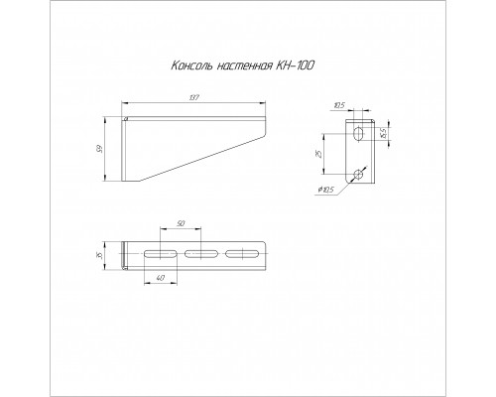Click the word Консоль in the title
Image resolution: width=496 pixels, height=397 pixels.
tap(191, 66)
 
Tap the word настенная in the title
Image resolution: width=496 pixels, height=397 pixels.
tap(244, 66)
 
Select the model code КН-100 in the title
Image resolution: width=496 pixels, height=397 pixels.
tap(295, 66)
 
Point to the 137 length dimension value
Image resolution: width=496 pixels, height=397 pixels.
tap(194, 98)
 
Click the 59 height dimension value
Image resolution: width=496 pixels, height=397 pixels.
tap(100, 149)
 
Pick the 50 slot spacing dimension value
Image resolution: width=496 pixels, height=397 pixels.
tap(181, 224)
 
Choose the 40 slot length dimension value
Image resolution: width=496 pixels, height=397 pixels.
tap(160, 278)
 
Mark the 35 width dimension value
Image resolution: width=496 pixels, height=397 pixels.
tap(100, 255)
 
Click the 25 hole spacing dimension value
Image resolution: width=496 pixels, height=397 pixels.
tap(318, 154)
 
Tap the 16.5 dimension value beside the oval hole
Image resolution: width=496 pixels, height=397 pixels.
tap(384, 133)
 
